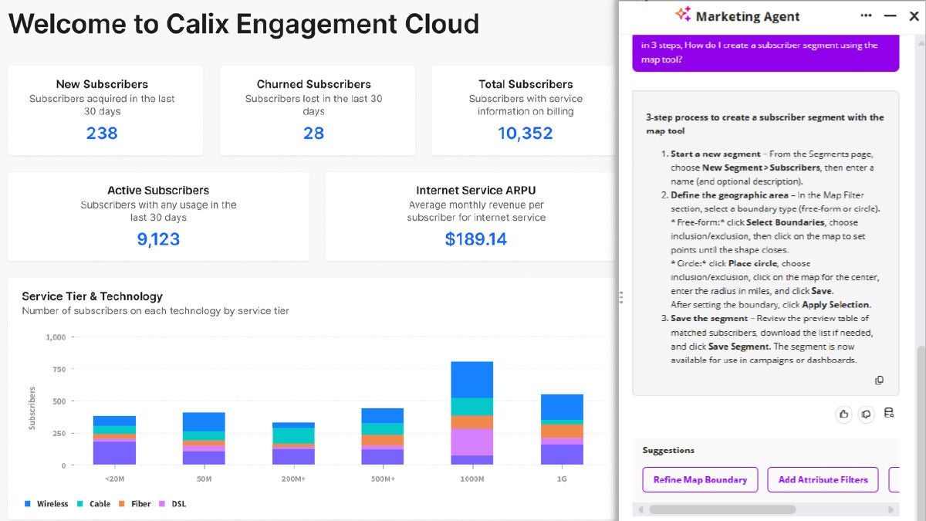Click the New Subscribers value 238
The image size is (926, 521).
(102, 133)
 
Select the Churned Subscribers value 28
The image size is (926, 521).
(313, 133)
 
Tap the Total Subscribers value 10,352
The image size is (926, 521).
(525, 133)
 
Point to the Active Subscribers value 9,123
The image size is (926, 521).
(158, 239)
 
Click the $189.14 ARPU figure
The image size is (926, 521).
(476, 239)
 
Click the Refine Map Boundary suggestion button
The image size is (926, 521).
(701, 479)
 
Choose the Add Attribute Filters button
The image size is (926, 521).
(823, 479)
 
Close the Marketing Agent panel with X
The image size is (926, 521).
(914, 16)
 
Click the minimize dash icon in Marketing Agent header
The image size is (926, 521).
(890, 16)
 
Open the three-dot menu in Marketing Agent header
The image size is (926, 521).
(866, 15)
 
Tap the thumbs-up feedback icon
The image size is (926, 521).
(843, 414)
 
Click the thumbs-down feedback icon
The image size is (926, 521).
(866, 414)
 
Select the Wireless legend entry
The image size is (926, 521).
(46, 503)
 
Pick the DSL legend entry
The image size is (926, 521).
(172, 503)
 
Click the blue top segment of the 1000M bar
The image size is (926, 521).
(472, 380)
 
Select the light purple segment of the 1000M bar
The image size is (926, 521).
(472, 442)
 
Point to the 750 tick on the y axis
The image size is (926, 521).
(59, 369)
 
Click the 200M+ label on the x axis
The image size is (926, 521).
(293, 479)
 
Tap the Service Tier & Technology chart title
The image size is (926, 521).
(92, 296)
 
